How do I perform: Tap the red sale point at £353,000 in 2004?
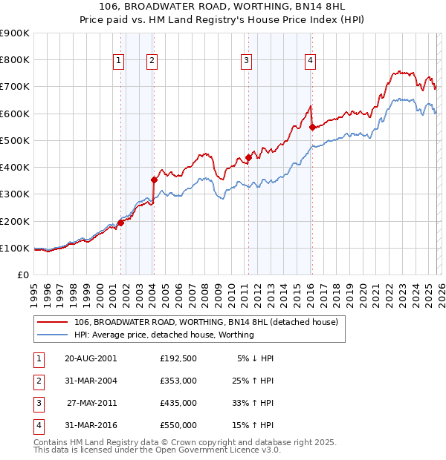[154, 180]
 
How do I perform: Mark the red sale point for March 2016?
[311, 127]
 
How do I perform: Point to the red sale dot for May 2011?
[248, 157]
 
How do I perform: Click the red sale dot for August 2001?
[120, 223]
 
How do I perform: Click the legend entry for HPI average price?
[164, 335]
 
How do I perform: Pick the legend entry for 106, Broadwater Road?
[206, 322]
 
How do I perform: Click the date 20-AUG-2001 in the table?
[91, 358]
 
